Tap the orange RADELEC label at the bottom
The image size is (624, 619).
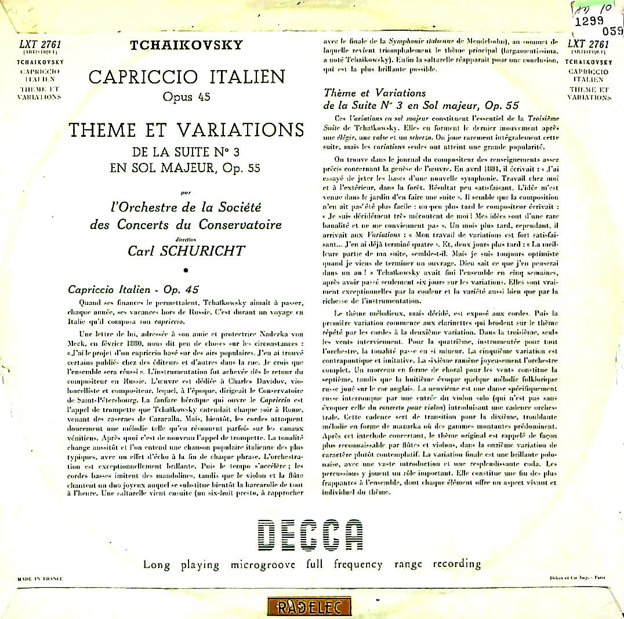click(x=310, y=607)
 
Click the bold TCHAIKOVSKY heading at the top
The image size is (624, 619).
click(x=186, y=45)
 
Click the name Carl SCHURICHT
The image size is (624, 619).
click(x=186, y=250)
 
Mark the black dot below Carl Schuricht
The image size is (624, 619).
click(x=186, y=270)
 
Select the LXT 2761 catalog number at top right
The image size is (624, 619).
click(x=588, y=44)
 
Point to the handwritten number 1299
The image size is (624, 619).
click(x=587, y=20)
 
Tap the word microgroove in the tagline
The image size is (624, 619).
click(x=263, y=564)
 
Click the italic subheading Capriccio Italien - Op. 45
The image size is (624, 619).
click(x=133, y=289)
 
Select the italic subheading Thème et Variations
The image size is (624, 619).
click(x=375, y=93)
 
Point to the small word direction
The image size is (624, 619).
click(x=186, y=238)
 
